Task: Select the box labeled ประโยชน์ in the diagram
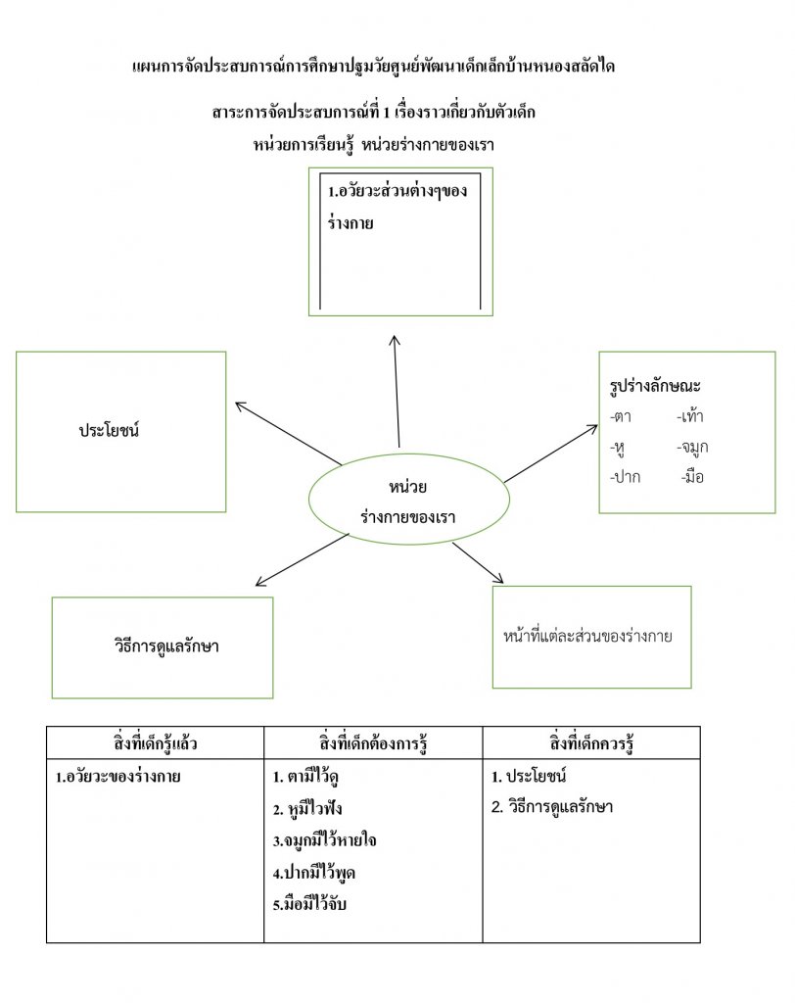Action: click(120, 431)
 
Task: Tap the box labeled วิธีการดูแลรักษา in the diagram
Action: click(163, 647)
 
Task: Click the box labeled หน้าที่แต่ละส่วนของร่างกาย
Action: click(591, 637)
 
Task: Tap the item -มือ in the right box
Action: click(691, 477)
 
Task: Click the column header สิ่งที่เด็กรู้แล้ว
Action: click(155, 742)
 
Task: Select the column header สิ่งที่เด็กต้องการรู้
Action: click(372, 742)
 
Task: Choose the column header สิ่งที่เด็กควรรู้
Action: click(591, 742)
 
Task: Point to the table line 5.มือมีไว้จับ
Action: click(310, 903)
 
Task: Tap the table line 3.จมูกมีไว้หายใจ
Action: click(325, 840)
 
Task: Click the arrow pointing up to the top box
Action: click(397, 392)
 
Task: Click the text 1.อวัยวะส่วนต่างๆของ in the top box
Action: click(398, 190)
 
